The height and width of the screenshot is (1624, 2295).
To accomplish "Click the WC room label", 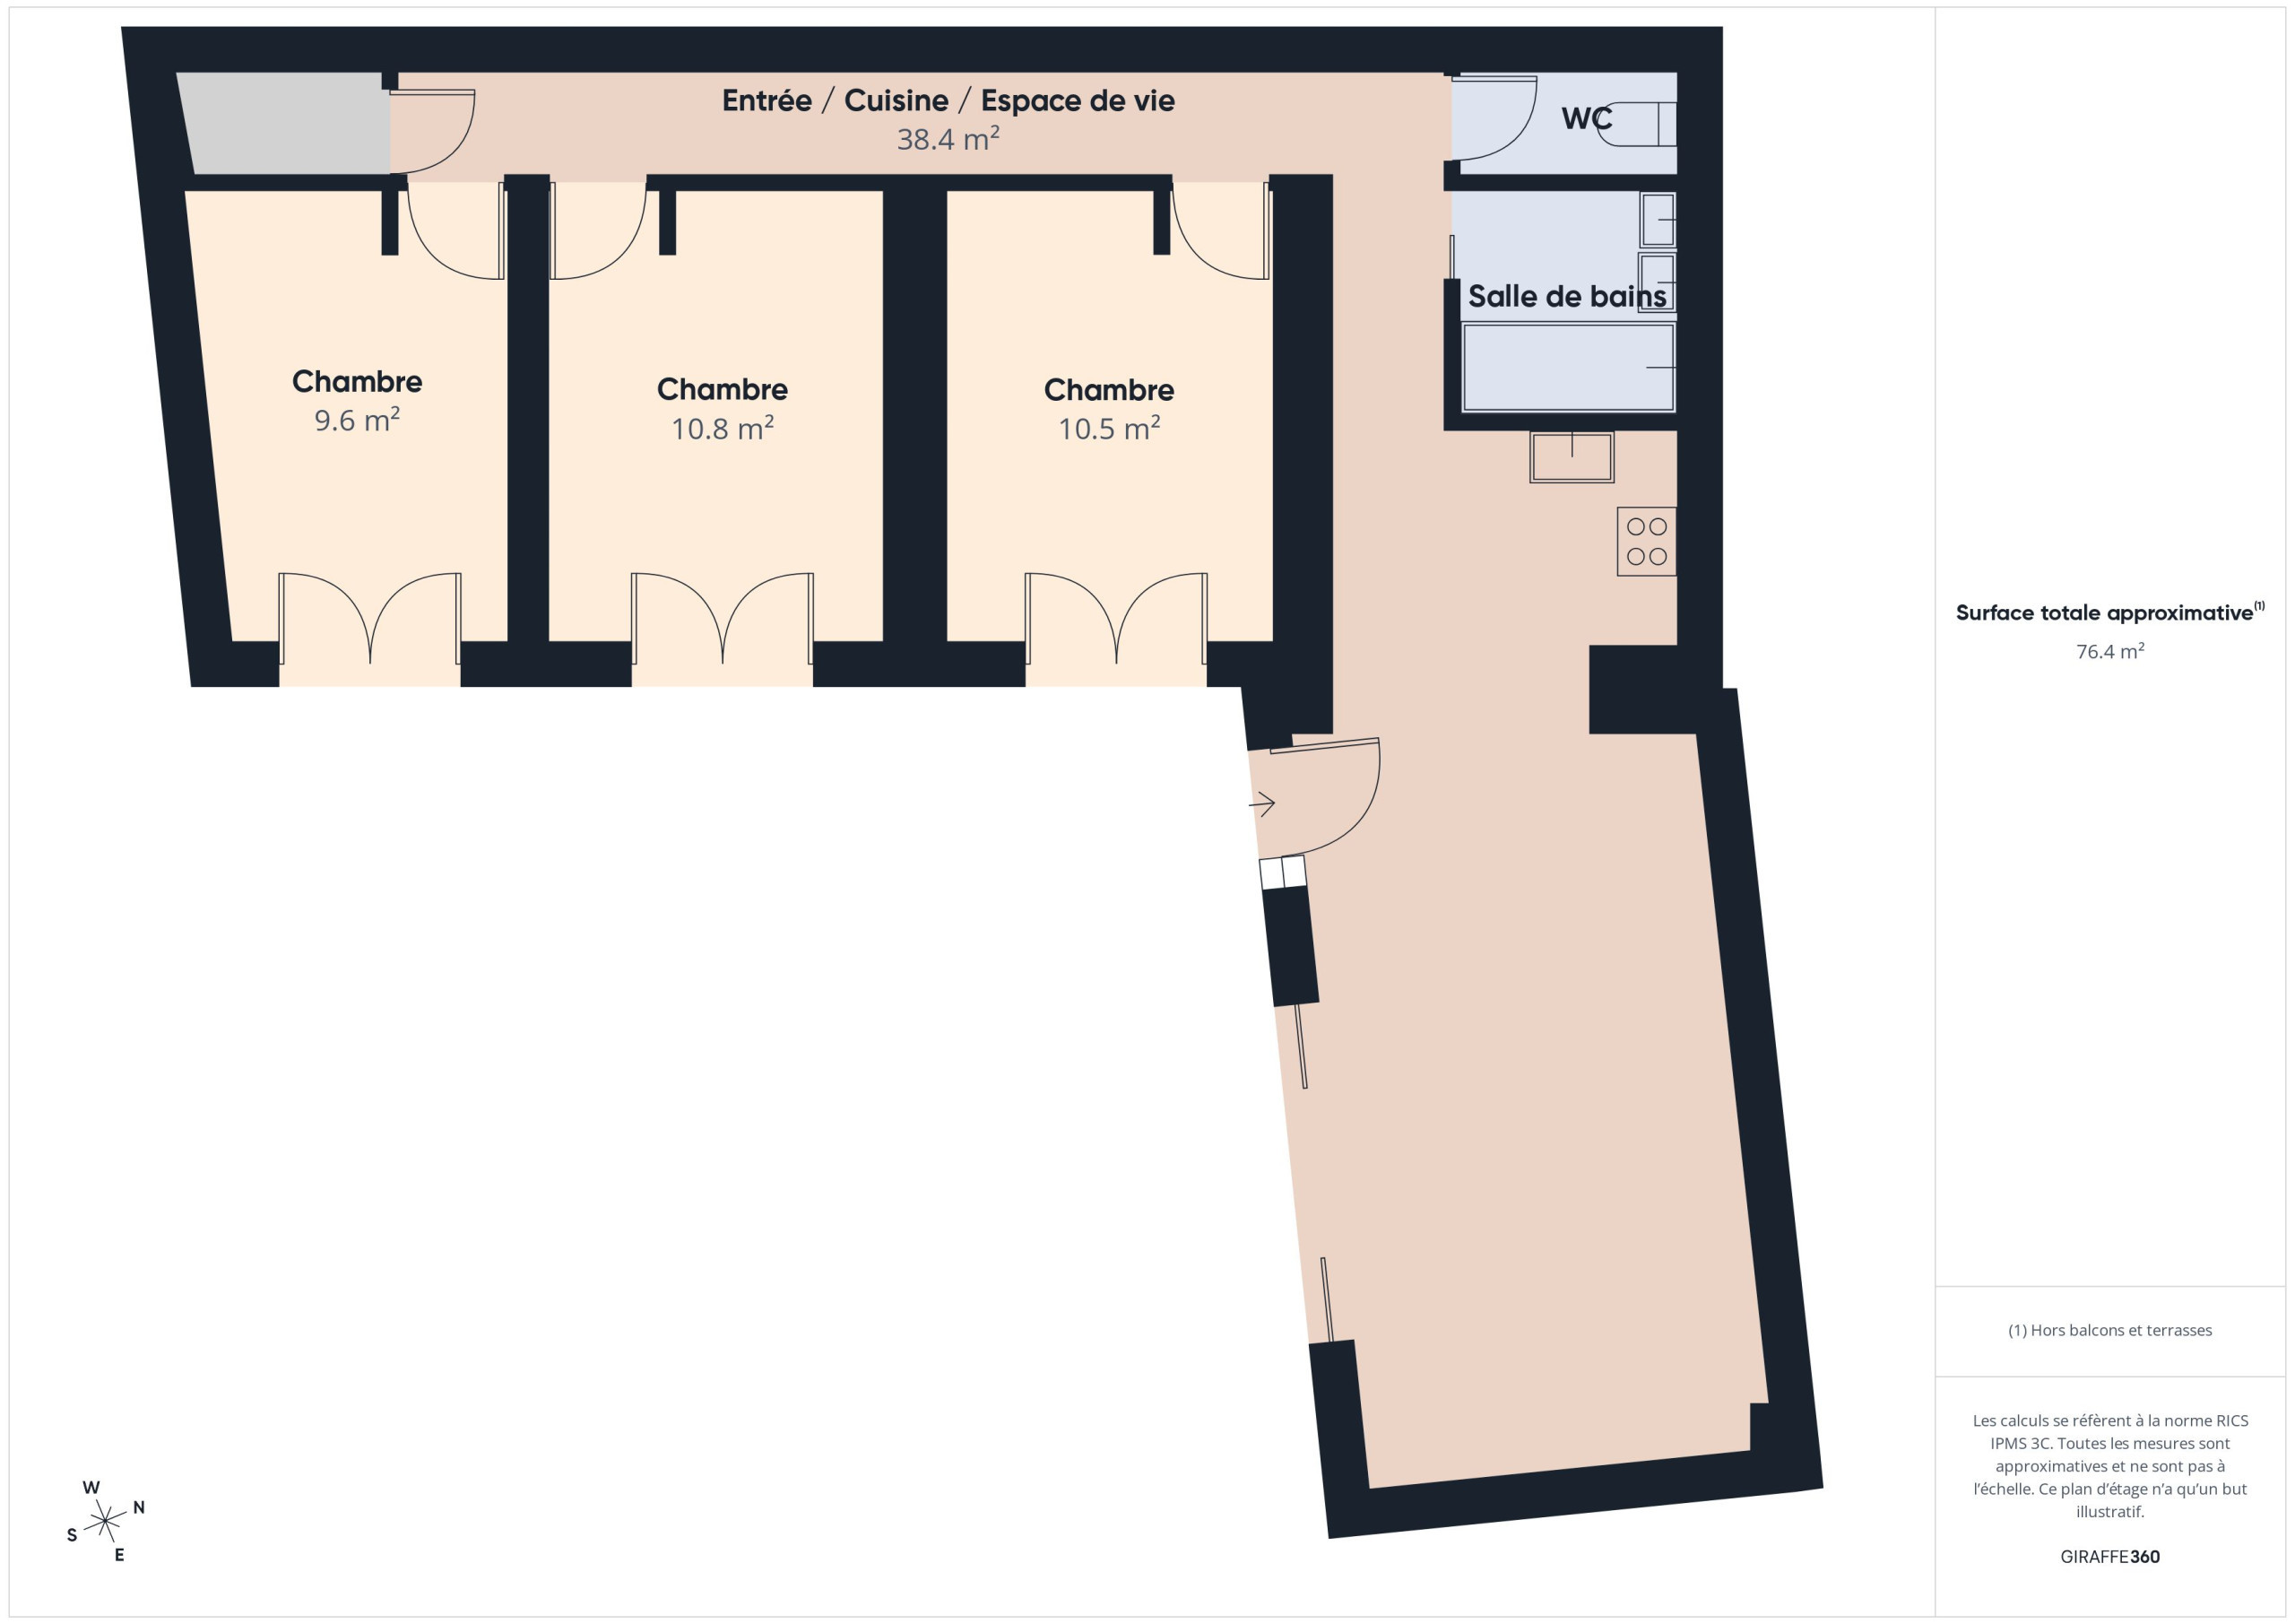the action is pyautogui.click(x=1586, y=118).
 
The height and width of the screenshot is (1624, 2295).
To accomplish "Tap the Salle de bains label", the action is pyautogui.click(x=1566, y=296).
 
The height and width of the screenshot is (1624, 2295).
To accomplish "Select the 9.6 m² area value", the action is pyautogui.click(x=357, y=419).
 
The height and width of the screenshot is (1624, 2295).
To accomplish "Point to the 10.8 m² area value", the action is pyautogui.click(x=722, y=428).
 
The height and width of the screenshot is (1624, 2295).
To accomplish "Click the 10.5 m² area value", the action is pyautogui.click(x=1109, y=428).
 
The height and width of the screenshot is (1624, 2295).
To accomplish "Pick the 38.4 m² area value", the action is pyautogui.click(x=948, y=138).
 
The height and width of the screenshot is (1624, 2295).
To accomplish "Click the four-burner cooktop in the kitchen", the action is pyautogui.click(x=1646, y=541).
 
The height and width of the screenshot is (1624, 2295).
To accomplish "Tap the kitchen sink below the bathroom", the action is pyautogui.click(x=1572, y=457).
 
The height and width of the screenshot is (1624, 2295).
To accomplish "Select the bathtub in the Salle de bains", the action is pyautogui.click(x=1568, y=367).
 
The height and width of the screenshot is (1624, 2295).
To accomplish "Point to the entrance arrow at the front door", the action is pyautogui.click(x=1262, y=803).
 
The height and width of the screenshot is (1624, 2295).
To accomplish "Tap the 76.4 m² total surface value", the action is pyautogui.click(x=2110, y=651).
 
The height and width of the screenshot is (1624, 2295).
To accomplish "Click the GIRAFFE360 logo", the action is pyautogui.click(x=2110, y=1556).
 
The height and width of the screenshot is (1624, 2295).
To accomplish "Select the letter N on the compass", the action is pyautogui.click(x=139, y=1507).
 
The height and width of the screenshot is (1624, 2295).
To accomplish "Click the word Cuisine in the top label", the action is pyautogui.click(x=896, y=100).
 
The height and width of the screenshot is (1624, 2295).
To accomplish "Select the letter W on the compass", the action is pyautogui.click(x=91, y=1487).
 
